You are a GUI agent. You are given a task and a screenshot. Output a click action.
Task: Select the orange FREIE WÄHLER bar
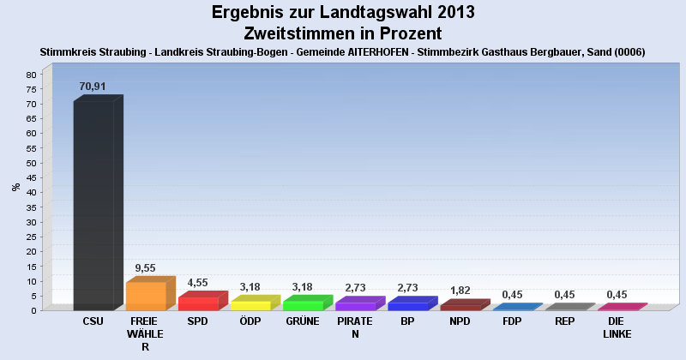[146, 296]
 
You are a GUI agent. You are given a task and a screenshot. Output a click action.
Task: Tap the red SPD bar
[198, 303]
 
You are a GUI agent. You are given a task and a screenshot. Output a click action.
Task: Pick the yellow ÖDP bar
[250, 305]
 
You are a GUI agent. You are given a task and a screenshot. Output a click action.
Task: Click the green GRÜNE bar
[303, 305]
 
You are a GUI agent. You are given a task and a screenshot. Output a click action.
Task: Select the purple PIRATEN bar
[355, 306]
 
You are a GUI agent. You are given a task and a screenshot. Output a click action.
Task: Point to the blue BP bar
[407, 306]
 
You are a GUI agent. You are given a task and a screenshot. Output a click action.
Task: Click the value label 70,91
[93, 87]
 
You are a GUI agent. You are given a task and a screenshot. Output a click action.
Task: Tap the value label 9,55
[145, 267]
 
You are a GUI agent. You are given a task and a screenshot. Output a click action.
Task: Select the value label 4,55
[197, 283]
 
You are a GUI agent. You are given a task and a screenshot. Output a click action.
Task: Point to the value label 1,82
[460, 291]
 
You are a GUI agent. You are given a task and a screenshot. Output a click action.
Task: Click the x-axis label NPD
[460, 322]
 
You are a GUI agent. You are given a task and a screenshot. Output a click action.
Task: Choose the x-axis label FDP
[512, 322]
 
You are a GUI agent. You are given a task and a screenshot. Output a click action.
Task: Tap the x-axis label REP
[564, 322]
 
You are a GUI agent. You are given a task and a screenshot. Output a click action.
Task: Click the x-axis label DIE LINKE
[617, 328]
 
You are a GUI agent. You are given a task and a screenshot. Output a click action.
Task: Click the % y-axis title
[16, 186]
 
